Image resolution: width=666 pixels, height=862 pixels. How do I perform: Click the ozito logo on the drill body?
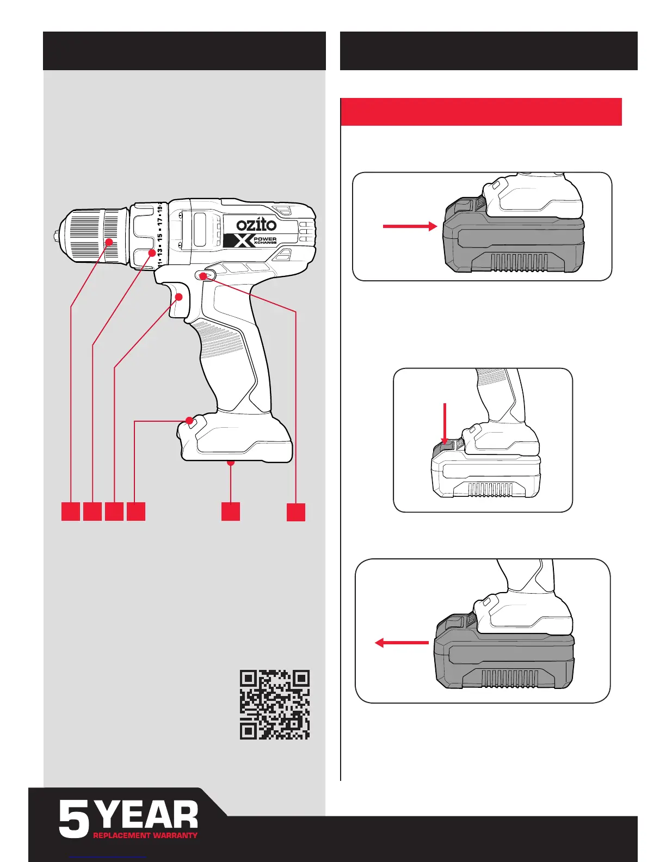click(256, 224)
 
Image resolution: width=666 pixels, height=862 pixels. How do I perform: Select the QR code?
click(275, 704)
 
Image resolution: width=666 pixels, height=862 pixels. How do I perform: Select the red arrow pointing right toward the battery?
click(410, 226)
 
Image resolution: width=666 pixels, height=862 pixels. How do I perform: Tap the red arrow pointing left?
click(402, 643)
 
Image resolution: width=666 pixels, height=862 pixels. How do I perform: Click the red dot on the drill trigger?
click(178, 297)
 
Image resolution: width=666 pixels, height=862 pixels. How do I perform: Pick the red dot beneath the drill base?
click(231, 463)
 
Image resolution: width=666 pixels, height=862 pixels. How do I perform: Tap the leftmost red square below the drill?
click(71, 512)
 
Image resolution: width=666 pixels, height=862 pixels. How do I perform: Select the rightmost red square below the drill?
click(296, 512)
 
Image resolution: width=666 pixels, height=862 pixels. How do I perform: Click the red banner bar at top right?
click(481, 112)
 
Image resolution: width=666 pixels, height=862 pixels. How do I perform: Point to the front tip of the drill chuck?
click(56, 236)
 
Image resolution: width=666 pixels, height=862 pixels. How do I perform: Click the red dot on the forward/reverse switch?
click(203, 276)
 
